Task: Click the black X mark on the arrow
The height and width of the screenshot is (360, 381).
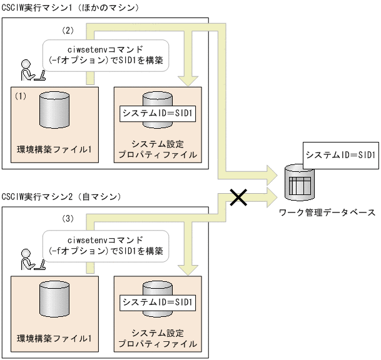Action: click(x=238, y=197)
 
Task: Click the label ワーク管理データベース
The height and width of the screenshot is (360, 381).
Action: click(x=328, y=212)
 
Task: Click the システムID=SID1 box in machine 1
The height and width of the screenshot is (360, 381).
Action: click(x=158, y=114)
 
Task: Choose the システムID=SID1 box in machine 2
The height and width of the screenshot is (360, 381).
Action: click(x=158, y=302)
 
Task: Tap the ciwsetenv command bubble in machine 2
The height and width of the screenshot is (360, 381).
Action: click(x=106, y=246)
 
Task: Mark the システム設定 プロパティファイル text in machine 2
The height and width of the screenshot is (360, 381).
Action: click(x=158, y=338)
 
